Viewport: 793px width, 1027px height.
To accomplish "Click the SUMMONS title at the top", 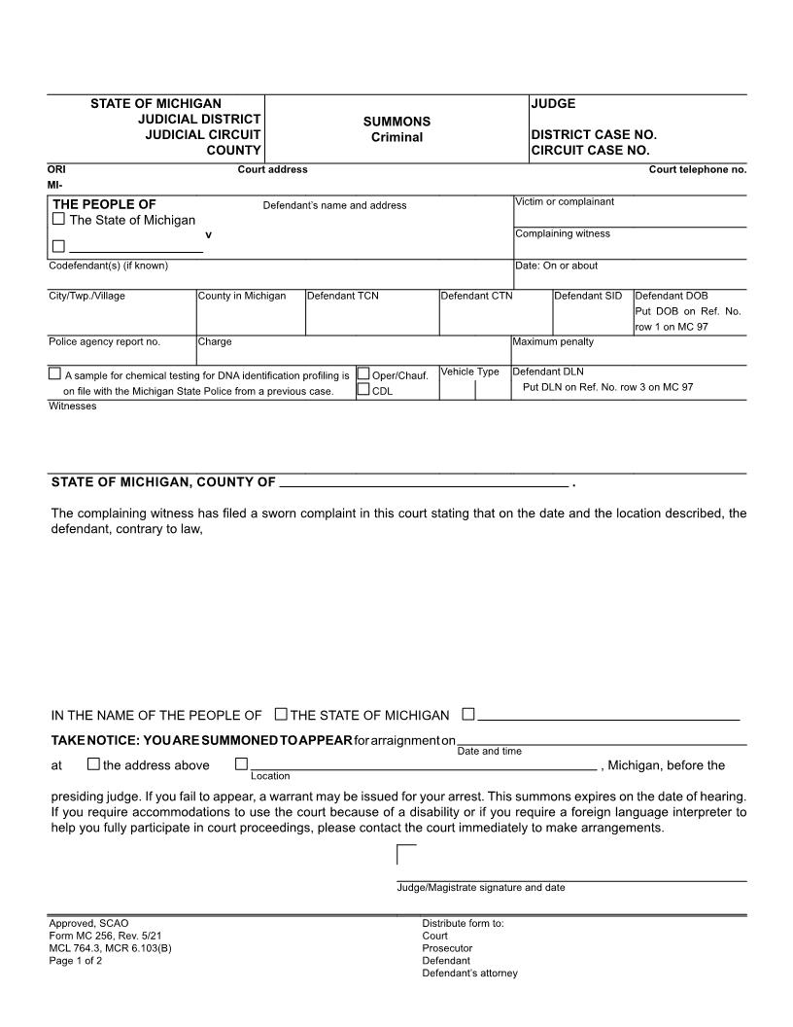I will coord(396,122).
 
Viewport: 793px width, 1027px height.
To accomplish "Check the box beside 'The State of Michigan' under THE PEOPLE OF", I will coord(58,219).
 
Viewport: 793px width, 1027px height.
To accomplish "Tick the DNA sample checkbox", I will coord(54,373).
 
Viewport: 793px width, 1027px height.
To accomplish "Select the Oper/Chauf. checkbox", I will coord(363,373).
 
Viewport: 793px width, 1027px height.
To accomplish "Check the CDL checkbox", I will coord(363,390).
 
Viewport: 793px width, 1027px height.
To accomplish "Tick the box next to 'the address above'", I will coord(93,764).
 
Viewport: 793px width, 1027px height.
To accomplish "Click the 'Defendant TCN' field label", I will coord(343,296).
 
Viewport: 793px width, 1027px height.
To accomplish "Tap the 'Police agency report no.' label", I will coord(104,341).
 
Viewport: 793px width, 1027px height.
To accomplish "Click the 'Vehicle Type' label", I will coord(469,372).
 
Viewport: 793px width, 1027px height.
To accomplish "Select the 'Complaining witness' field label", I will coord(563,233).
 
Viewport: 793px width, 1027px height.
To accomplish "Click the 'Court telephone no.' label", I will coord(698,169).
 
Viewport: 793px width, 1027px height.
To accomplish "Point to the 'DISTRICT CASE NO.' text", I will coord(594,135).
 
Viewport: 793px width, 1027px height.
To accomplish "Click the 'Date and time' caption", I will coord(489,751).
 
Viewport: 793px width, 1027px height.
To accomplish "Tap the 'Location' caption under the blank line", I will coord(270,776).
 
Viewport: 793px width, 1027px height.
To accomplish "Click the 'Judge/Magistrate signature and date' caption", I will coord(480,887).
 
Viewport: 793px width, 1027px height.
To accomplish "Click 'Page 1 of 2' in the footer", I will coord(76,961).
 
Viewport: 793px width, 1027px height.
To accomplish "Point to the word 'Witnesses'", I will coord(73,406).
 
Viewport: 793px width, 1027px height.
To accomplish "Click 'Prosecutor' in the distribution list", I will coord(447,948).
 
